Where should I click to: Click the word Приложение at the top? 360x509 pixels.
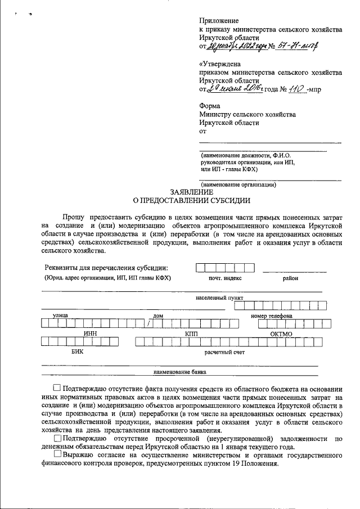click(x=219, y=21)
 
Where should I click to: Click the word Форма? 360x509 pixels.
click(x=210, y=106)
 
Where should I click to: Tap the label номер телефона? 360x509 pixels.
click(x=272, y=316)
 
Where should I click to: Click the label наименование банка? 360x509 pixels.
click(x=180, y=372)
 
